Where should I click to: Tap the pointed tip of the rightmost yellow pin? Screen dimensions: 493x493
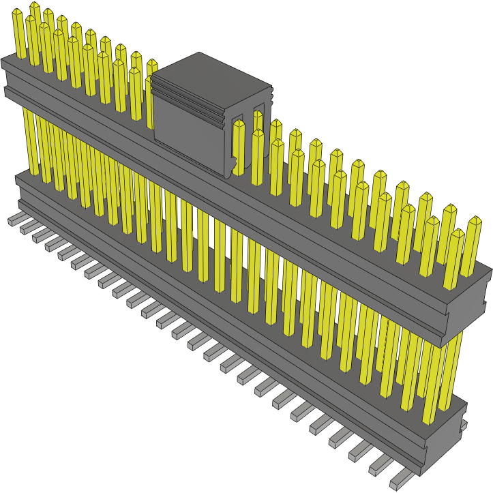tap(475, 220)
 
